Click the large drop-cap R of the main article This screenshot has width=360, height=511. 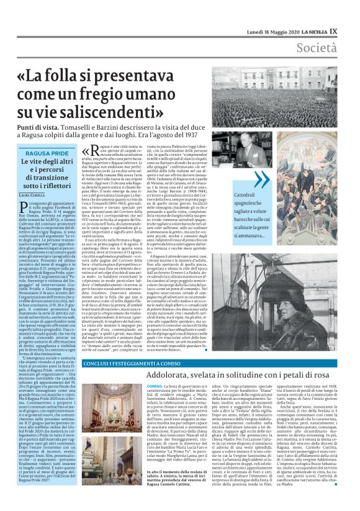click(x=91, y=153)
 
